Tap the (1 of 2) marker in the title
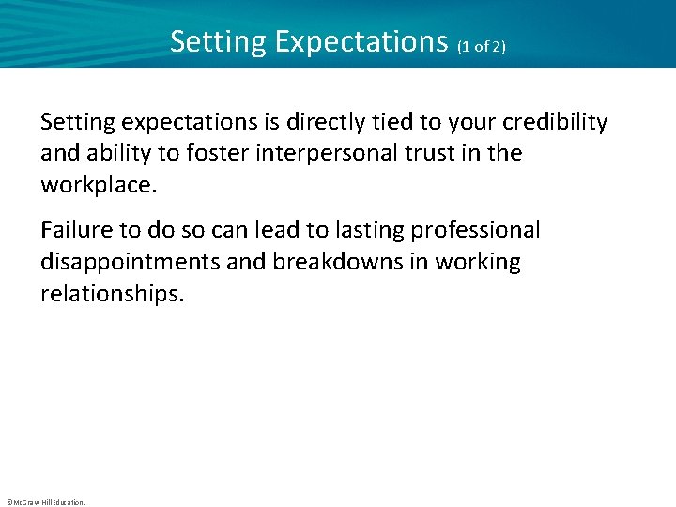pos(482,46)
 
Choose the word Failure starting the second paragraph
pos(74,230)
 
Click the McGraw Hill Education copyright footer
pos(45,502)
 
